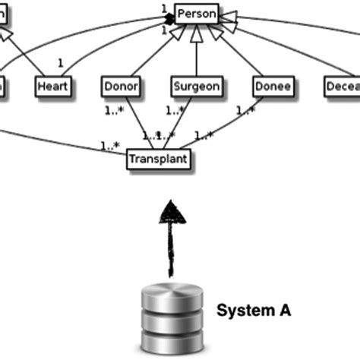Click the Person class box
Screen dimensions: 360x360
(x=196, y=13)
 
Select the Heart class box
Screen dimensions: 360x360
(x=52, y=86)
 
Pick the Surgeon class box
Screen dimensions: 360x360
(x=196, y=86)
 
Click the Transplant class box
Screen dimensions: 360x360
(x=158, y=159)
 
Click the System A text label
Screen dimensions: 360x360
(x=254, y=310)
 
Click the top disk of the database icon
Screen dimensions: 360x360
(x=173, y=292)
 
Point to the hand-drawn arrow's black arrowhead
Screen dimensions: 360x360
(x=173, y=213)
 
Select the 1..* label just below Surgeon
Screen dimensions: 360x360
(x=175, y=109)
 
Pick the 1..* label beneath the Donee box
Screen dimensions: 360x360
(x=245, y=109)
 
